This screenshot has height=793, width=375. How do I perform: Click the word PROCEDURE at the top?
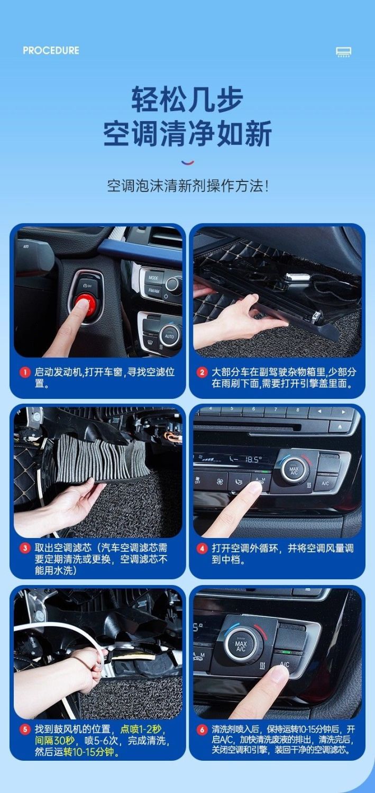(x=51, y=50)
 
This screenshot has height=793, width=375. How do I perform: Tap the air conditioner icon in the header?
(x=343, y=52)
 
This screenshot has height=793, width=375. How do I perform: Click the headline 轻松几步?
(x=187, y=99)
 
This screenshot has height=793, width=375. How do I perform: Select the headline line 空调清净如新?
(x=187, y=133)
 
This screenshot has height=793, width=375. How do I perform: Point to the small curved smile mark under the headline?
(x=188, y=163)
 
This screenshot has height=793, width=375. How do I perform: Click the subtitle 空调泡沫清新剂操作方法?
(x=187, y=186)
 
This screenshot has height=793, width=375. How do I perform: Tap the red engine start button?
(x=85, y=304)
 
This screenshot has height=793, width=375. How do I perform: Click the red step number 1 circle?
(x=25, y=372)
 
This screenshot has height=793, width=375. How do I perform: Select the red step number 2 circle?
(x=202, y=372)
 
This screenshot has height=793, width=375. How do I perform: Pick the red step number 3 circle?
(x=25, y=549)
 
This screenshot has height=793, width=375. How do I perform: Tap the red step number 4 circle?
(x=202, y=549)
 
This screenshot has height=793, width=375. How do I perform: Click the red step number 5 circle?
(x=25, y=730)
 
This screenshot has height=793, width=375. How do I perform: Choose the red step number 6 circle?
(x=202, y=730)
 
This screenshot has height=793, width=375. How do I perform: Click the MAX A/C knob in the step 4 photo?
(x=294, y=470)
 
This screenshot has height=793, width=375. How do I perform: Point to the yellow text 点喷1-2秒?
(x=141, y=729)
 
